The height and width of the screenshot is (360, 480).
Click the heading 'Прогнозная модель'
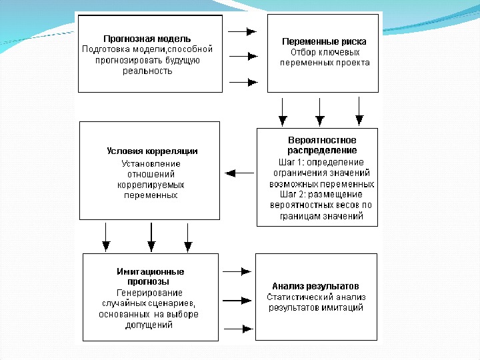tap(147, 39)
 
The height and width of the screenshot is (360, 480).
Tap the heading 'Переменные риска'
tap(325, 41)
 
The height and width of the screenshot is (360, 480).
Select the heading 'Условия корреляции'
tap(151, 151)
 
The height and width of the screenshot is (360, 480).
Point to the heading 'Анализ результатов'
tap(316, 285)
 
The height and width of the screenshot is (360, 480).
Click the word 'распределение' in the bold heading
tap(322, 151)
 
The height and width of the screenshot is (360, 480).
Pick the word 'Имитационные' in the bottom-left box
tap(151, 271)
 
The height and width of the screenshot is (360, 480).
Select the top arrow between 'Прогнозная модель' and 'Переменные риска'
tap(243, 31)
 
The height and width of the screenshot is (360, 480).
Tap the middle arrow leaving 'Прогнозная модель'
tap(243, 57)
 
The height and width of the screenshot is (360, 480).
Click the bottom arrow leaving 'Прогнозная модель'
tap(243, 83)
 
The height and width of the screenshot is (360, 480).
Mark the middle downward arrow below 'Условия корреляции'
tap(151, 237)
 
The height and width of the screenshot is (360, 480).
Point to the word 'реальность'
tap(147, 71)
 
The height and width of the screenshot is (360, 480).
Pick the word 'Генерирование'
tap(149, 293)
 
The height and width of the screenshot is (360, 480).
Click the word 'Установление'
tap(151, 163)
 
